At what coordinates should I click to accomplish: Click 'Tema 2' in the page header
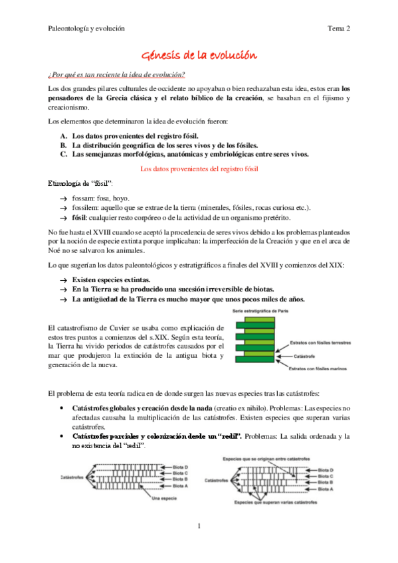point(339,29)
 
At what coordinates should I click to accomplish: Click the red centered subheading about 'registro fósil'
point(199,169)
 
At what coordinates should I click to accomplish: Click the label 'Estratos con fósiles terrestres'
point(321,343)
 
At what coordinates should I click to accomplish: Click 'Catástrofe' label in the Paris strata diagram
point(305,356)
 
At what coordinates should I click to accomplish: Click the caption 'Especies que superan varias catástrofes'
point(281,503)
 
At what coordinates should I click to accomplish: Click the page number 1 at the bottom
point(199,526)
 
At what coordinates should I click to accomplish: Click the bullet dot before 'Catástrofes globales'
point(62,406)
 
